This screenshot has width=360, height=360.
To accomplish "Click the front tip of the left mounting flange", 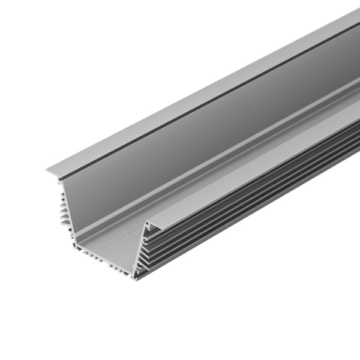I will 48,172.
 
